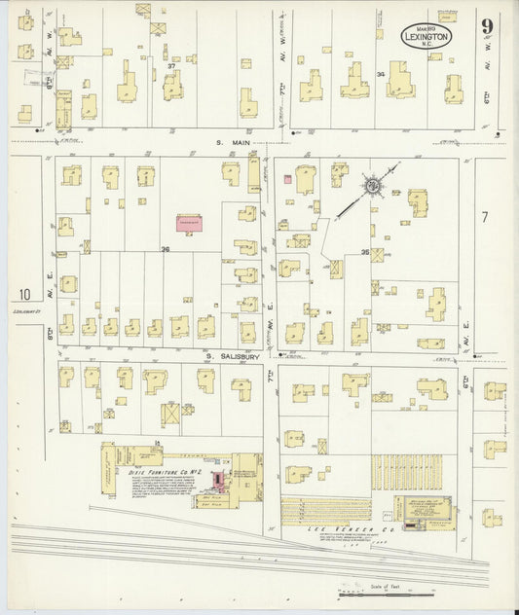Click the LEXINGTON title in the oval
pyautogui.click(x=426, y=35)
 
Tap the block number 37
pyautogui.click(x=142, y=66)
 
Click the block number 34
pyautogui.click(x=381, y=73)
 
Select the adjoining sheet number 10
pyautogui.click(x=23, y=294)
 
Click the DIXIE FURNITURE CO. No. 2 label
pyautogui.click(x=155, y=470)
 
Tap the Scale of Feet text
pyautogui.click(x=387, y=586)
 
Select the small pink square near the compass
pyautogui.click(x=287, y=178)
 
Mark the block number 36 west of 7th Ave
pyautogui.click(x=166, y=250)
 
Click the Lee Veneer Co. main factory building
pyautogui.click(x=425, y=511)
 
